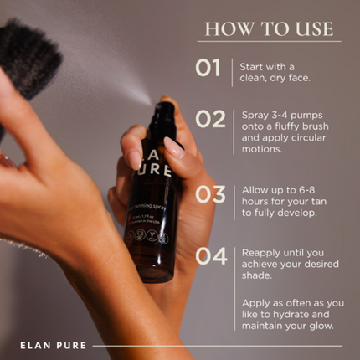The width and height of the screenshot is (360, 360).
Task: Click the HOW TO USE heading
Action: click(x=268, y=28)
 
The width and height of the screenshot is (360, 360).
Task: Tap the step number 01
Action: click(x=208, y=68)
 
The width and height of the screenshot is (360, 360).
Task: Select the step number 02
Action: click(x=210, y=119)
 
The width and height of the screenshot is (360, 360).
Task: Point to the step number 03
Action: click(x=210, y=194)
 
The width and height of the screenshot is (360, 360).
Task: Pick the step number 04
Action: click(x=211, y=256)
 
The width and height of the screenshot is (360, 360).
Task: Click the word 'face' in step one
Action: click(x=300, y=78)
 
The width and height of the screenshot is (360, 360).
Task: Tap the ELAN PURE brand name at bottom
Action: click(x=52, y=344)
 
